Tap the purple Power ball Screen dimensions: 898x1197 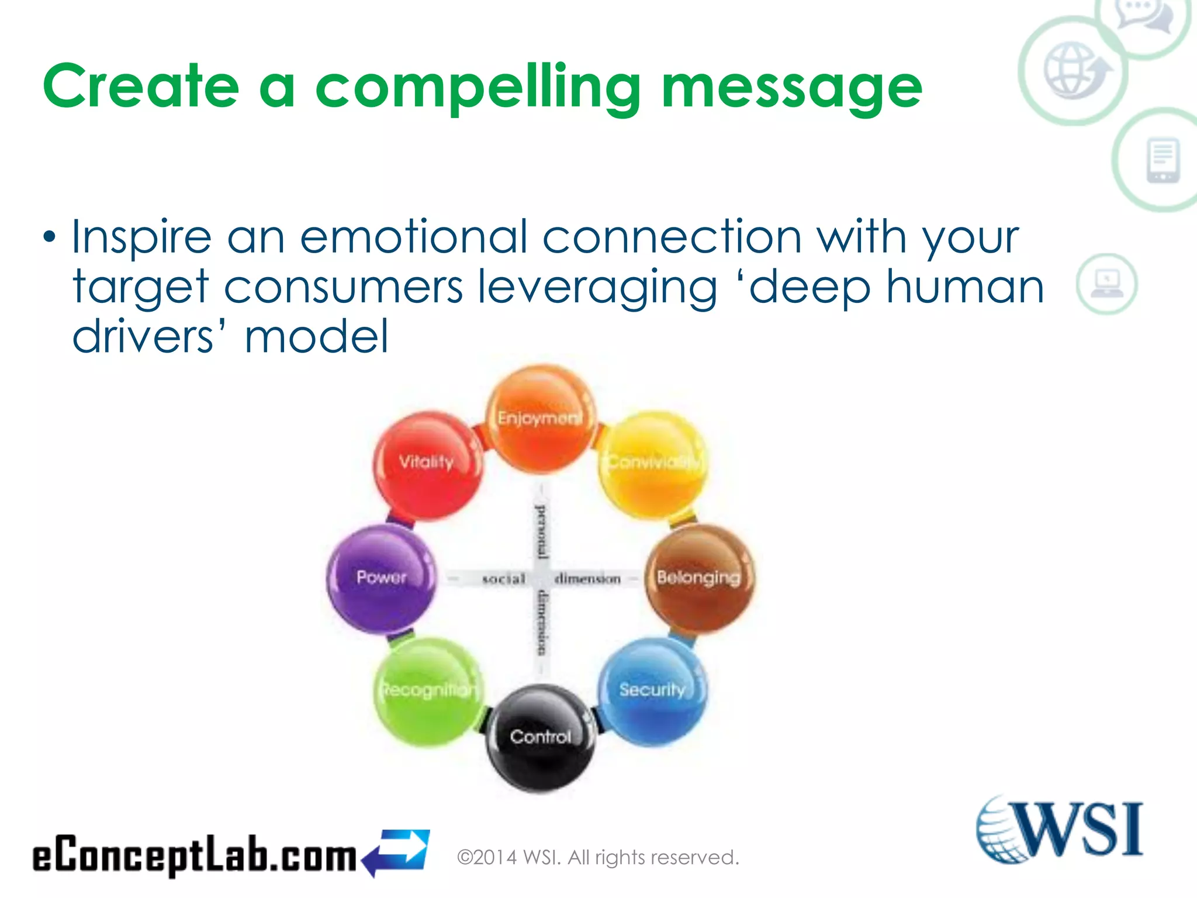(x=381, y=578)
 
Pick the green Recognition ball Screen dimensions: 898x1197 (x=428, y=692)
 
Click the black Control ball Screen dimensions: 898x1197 (x=541, y=738)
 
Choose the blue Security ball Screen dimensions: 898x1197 (x=652, y=690)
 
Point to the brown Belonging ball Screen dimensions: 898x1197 (x=699, y=578)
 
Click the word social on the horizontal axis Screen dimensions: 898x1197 (x=503, y=579)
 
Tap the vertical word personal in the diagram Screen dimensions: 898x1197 (x=542, y=530)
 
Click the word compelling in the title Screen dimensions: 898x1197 (x=478, y=88)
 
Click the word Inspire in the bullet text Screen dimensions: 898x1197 (x=141, y=237)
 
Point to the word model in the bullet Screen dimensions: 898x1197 (x=316, y=337)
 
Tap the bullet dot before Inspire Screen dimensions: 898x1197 (x=50, y=237)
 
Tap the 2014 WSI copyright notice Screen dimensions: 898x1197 (x=597, y=858)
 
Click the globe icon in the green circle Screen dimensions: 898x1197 (x=1074, y=71)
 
